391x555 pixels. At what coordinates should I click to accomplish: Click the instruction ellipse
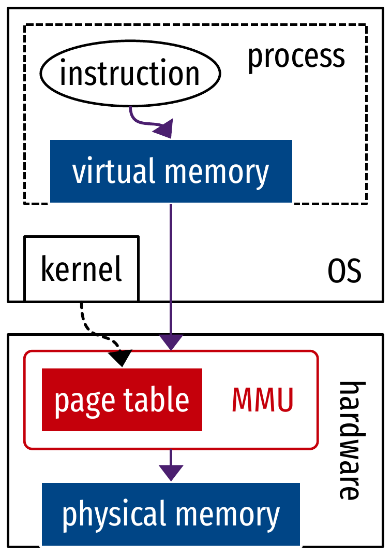point(130,74)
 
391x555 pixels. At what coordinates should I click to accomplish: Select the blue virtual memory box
point(171,172)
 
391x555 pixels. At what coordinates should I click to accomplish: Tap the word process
point(296,56)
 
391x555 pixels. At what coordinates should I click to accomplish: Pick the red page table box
point(122,400)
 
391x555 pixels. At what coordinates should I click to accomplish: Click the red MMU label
point(262,400)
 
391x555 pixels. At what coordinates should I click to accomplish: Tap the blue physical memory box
point(171,514)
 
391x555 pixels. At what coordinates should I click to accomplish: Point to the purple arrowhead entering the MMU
point(171,343)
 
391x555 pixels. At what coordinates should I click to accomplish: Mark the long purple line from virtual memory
point(171,269)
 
